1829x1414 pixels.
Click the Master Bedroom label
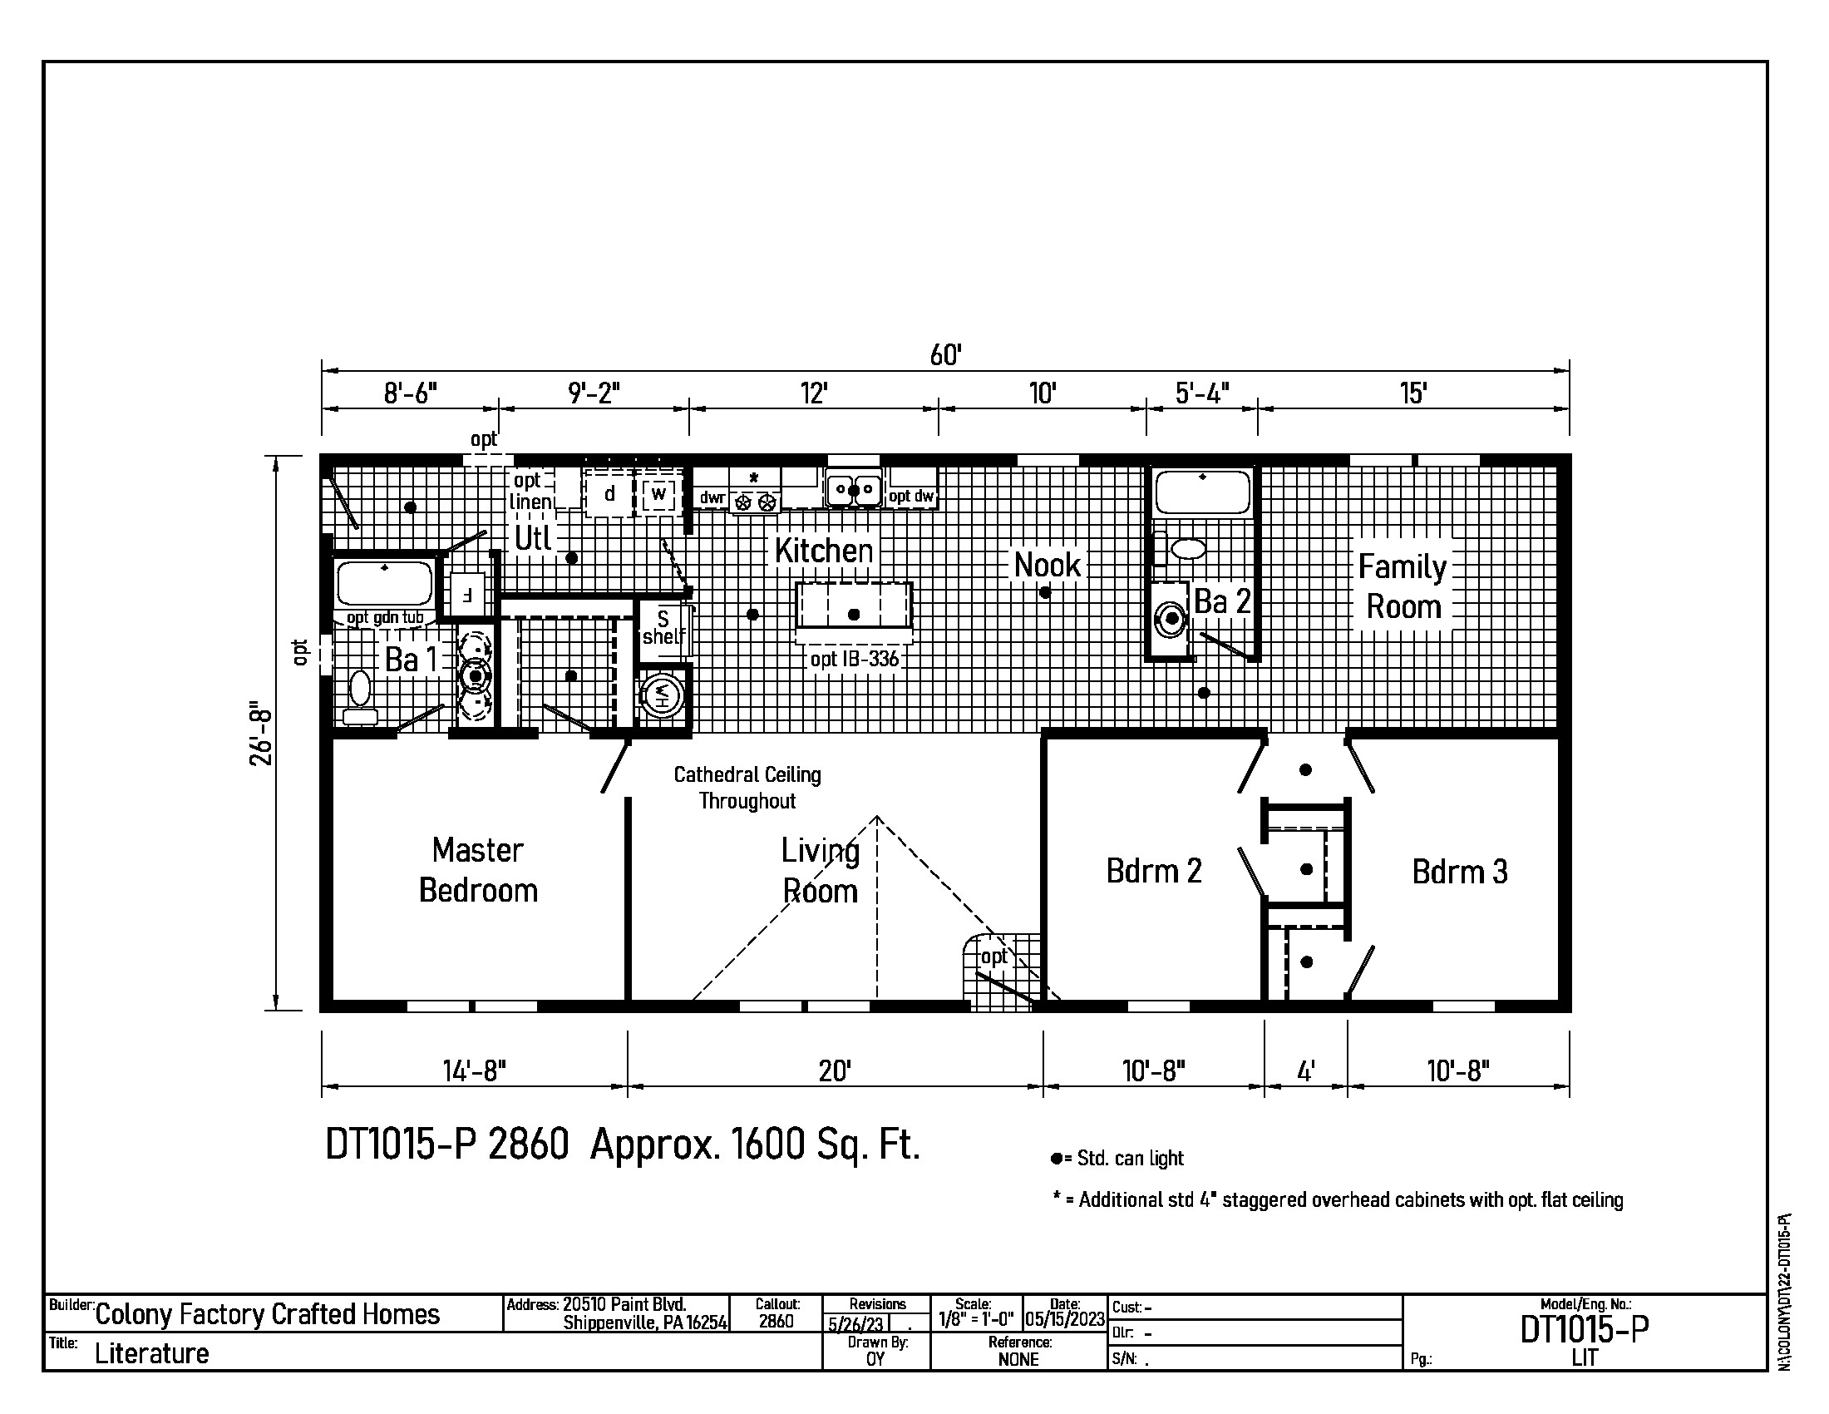click(478, 870)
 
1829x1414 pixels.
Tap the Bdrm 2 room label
click(1153, 871)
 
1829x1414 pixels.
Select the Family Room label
click(1403, 586)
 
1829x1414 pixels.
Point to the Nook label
click(1047, 566)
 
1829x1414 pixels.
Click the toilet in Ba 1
click(360, 697)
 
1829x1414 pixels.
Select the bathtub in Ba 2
click(1203, 492)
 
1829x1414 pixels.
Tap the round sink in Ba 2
click(1171, 619)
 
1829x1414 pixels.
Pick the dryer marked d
click(609, 493)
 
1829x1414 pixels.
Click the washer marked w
click(659, 493)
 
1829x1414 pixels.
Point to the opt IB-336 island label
click(854, 660)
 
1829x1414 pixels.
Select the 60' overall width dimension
click(945, 355)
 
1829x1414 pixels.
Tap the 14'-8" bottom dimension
click(474, 1070)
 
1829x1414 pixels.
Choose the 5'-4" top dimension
click(1202, 393)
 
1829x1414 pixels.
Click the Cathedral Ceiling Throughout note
click(747, 788)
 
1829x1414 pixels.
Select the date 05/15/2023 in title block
click(1065, 1319)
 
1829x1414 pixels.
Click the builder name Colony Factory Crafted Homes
click(267, 1314)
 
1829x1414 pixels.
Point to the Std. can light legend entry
click(1118, 1159)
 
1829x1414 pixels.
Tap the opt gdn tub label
click(385, 618)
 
